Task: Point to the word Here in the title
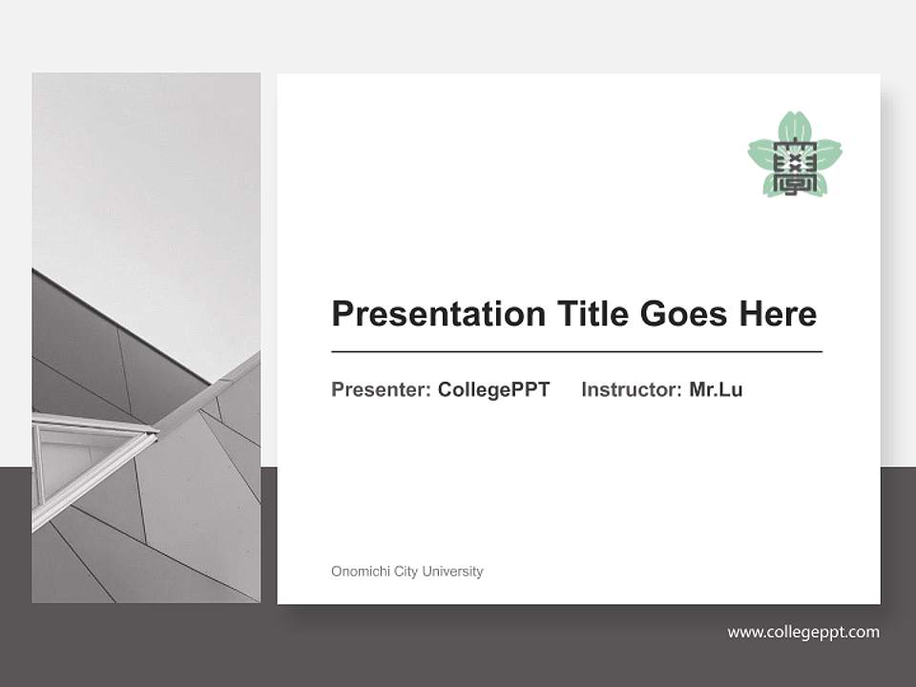[x=781, y=314]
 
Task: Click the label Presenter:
[x=381, y=389]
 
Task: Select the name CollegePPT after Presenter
[x=493, y=389]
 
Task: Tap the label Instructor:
[x=631, y=389]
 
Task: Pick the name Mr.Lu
[x=716, y=389]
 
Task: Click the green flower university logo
[x=795, y=155]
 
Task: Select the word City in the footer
[x=406, y=572]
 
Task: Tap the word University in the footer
[x=453, y=572]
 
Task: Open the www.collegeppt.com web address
[x=803, y=632]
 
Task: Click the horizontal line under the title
[x=576, y=352]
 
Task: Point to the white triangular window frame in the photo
[x=86, y=448]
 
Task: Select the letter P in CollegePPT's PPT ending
[x=522, y=389]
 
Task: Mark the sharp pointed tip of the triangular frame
[x=156, y=434]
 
